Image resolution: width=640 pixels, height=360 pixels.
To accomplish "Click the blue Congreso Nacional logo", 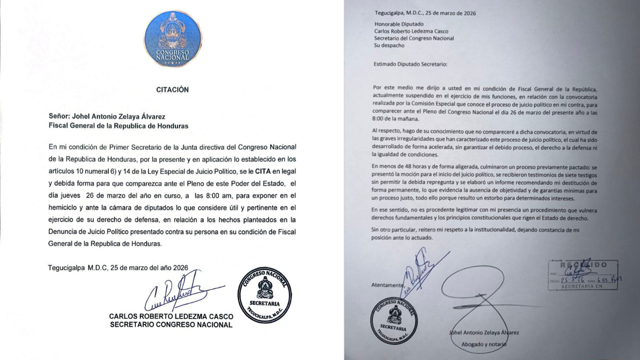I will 172,39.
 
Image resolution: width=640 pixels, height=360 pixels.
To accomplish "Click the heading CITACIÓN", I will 172,90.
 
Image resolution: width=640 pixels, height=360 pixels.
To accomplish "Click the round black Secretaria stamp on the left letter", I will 264,295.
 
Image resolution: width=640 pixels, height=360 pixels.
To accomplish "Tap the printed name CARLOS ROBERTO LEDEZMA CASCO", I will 171,317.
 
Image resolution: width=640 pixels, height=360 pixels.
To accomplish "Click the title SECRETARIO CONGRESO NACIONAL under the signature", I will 171,325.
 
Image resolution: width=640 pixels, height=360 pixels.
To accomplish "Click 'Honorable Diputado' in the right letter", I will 398,23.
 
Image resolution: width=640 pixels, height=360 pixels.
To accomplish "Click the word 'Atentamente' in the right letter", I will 387,285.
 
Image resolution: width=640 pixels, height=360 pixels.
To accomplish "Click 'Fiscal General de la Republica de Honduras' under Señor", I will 118,126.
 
